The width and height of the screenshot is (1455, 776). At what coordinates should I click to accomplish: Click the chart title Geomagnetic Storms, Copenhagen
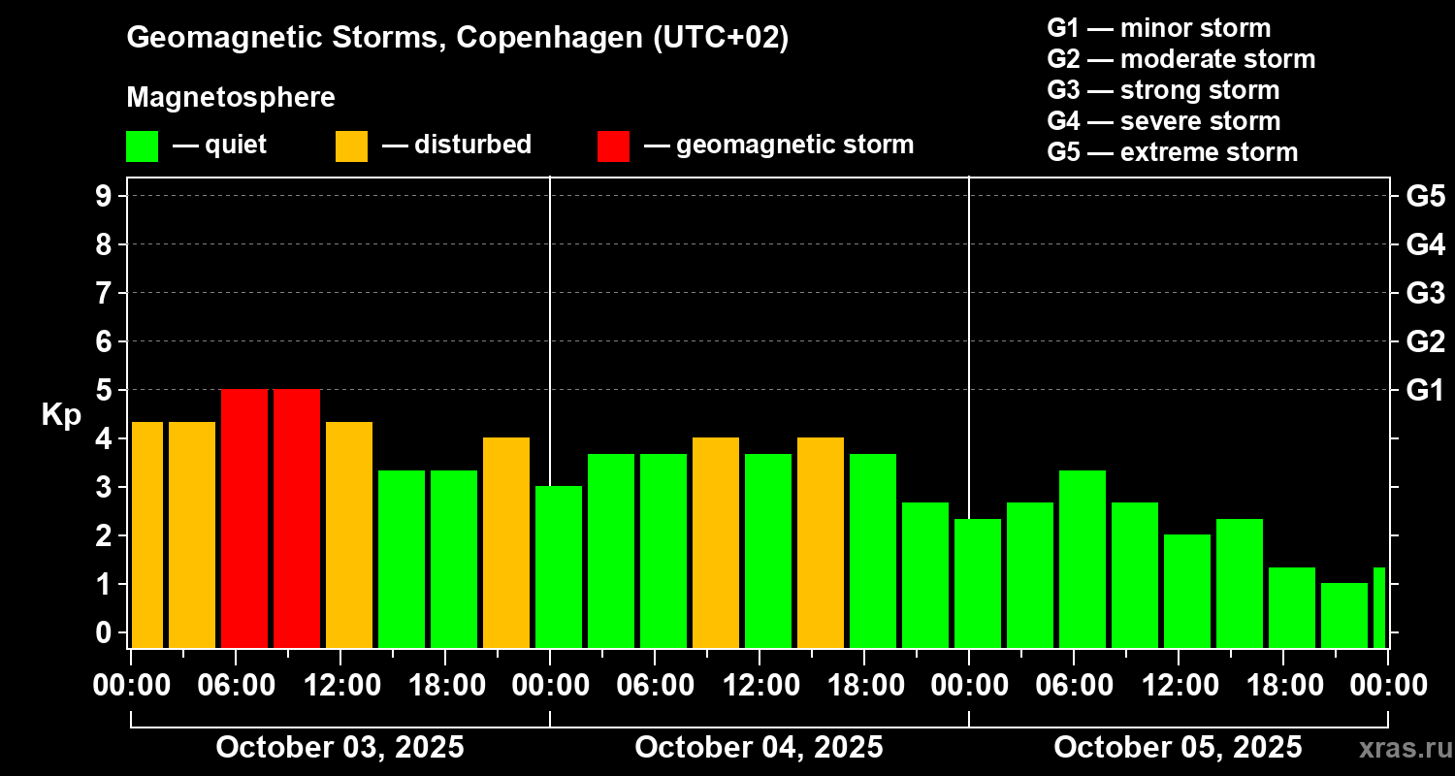[x=457, y=38]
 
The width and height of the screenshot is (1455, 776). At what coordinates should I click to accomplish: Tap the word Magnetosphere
[x=231, y=98]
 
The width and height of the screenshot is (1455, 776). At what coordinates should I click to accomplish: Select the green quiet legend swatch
[x=142, y=145]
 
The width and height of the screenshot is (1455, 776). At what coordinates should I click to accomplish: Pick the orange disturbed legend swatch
[x=351, y=145]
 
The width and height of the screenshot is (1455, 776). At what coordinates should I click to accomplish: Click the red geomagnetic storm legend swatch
[x=613, y=145]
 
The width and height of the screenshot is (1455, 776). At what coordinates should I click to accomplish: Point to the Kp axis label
[x=61, y=414]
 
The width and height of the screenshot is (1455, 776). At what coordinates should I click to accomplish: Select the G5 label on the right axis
[x=1425, y=196]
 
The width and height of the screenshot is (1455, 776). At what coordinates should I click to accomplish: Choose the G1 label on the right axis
[x=1425, y=390]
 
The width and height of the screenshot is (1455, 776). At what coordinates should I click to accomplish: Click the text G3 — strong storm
[x=1163, y=90]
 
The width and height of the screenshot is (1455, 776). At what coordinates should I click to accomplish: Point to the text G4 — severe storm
[x=1163, y=121]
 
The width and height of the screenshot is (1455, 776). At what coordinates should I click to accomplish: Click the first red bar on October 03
[x=244, y=518]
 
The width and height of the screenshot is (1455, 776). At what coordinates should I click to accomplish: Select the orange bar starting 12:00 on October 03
[x=349, y=534]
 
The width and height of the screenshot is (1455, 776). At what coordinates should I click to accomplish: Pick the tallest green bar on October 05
[x=1083, y=559]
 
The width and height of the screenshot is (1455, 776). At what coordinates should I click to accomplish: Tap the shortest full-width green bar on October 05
[x=1344, y=615]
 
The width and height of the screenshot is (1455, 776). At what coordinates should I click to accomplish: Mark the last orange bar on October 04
[x=821, y=542]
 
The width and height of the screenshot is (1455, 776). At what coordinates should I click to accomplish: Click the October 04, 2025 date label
[x=759, y=748]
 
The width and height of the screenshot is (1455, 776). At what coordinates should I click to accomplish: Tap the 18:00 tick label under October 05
[x=1292, y=686]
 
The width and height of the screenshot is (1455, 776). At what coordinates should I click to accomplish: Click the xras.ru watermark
[x=1398, y=749]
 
